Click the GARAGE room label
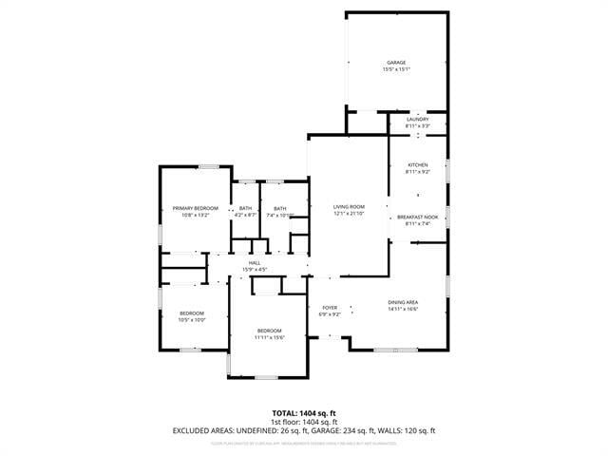pyautogui.click(x=395, y=63)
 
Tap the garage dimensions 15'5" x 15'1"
pyautogui.click(x=395, y=69)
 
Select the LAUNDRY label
pyautogui.click(x=417, y=119)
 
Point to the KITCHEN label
pyautogui.click(x=418, y=165)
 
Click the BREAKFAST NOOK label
pyautogui.click(x=417, y=218)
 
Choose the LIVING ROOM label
pyautogui.click(x=349, y=207)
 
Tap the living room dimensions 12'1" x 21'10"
pyautogui.click(x=349, y=214)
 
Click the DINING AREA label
pyautogui.click(x=403, y=302)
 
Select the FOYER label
pyautogui.click(x=330, y=308)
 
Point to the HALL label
pyautogui.click(x=255, y=263)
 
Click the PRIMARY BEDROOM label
pyautogui.click(x=195, y=208)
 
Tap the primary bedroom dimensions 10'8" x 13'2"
pyautogui.click(x=195, y=215)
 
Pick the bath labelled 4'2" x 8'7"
pyautogui.click(x=246, y=212)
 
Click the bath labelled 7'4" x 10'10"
pyautogui.click(x=280, y=212)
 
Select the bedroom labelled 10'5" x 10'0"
pyautogui.click(x=193, y=316)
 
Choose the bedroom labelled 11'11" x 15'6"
pyautogui.click(x=269, y=333)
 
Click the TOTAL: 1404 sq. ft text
pyautogui.click(x=303, y=413)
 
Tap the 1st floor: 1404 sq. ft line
pyautogui.click(x=303, y=422)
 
